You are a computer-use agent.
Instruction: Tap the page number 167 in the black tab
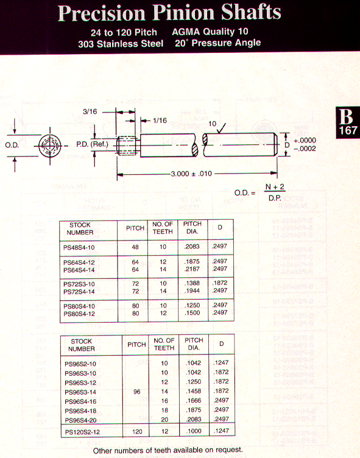pyautogui.click(x=348, y=130)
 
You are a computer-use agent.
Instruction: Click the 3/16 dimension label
pyautogui.click(x=90, y=111)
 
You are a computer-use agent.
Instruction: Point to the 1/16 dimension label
pyautogui.click(x=160, y=121)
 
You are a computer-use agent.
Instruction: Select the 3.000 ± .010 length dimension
pyautogui.click(x=191, y=174)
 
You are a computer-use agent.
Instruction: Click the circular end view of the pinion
pyautogui.click(x=50, y=146)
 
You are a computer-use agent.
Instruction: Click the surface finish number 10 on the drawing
pyautogui.click(x=213, y=124)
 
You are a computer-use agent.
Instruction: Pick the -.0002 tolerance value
pyautogui.click(x=305, y=149)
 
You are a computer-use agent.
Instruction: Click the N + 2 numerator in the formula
pyautogui.click(x=275, y=187)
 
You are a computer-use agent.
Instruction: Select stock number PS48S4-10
pyautogui.click(x=79, y=248)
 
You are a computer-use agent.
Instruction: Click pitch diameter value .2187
pyautogui.click(x=192, y=269)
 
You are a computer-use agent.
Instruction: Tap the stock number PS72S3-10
pyautogui.click(x=79, y=284)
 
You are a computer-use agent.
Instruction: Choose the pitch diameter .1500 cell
pyautogui.click(x=192, y=313)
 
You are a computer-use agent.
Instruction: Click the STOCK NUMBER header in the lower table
pyautogui.click(x=81, y=345)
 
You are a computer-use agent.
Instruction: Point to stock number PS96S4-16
pyautogui.click(x=80, y=401)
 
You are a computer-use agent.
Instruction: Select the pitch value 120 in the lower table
pyautogui.click(x=137, y=432)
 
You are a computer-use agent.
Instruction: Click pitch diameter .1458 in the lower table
pyautogui.click(x=194, y=391)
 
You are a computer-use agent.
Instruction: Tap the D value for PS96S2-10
pyautogui.click(x=221, y=363)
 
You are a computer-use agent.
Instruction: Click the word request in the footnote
pyautogui.click(x=228, y=450)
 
